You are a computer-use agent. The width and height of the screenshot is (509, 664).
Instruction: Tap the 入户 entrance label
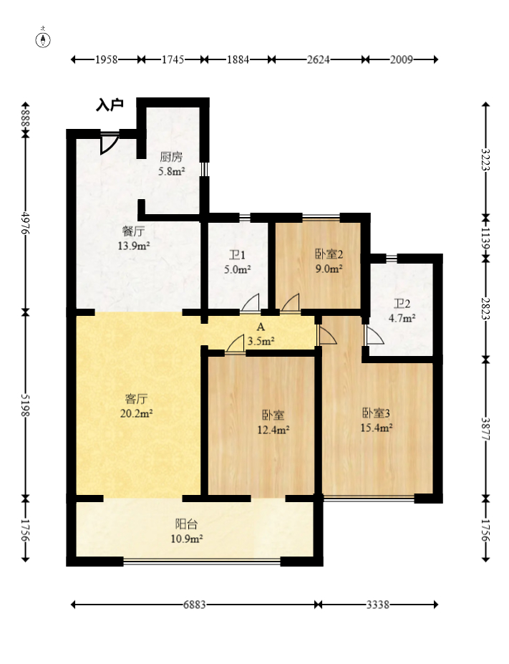pos(110,105)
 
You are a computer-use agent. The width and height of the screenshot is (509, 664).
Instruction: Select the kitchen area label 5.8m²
pos(171,172)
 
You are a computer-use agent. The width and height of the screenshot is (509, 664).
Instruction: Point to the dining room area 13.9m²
pos(134,246)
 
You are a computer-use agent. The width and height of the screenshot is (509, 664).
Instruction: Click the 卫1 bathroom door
pos(250,303)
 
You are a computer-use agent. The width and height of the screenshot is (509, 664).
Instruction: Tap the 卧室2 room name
pos(329,254)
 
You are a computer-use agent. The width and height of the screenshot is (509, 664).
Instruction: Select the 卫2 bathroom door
pos(374,335)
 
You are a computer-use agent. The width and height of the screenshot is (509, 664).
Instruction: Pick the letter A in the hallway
pos(261,327)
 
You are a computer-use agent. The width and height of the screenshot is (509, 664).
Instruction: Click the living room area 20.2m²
pos(136,413)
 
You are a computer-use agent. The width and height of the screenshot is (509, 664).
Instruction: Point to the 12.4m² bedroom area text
pos(273,430)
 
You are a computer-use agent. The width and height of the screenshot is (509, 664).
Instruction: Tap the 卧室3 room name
pos(376,413)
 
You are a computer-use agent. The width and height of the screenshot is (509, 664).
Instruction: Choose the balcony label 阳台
pos(186,524)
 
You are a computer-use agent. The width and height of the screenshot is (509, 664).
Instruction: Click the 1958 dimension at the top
pos(106,59)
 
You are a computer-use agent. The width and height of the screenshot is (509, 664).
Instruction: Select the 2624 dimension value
pos(318,59)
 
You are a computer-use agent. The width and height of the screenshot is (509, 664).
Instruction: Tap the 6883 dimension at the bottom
pos(195,605)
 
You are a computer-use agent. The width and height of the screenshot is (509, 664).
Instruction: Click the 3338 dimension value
pos(377,605)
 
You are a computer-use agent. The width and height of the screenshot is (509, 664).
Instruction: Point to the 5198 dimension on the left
pos(25,405)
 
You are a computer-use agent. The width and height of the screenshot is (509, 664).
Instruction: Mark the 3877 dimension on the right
pos(485,429)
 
